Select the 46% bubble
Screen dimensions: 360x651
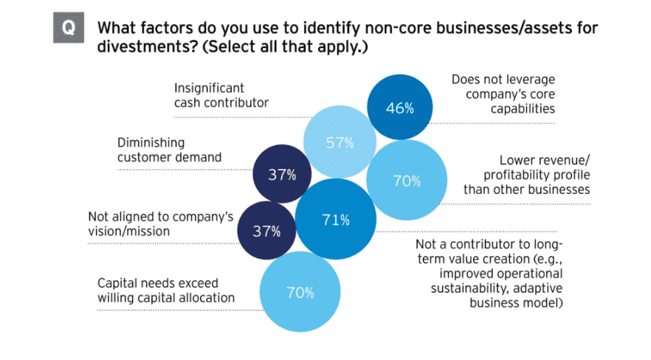point(399,108)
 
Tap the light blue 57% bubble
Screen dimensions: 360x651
point(340,143)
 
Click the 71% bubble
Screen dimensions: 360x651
point(334,219)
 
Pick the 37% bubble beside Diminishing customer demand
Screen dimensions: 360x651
point(281,175)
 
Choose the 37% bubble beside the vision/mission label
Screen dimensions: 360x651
point(266,231)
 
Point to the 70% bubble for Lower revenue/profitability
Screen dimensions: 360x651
point(407,180)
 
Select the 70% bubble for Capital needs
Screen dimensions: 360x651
point(300,292)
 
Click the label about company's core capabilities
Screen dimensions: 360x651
point(503,94)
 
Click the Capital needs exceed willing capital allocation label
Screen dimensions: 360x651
point(165,291)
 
